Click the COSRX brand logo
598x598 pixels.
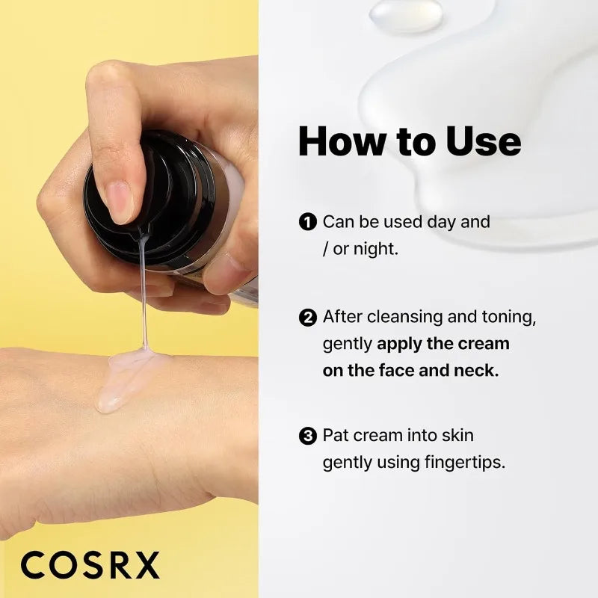[x=90, y=565]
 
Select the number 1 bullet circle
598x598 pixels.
[x=306, y=222]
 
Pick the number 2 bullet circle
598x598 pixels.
[x=306, y=318]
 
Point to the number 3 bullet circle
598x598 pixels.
[x=306, y=436]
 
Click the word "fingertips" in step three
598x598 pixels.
[x=467, y=463]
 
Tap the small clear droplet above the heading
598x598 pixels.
[x=406, y=15]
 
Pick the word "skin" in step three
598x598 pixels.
[x=457, y=435]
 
